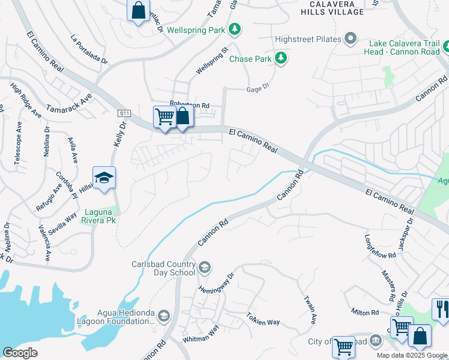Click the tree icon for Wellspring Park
click(236, 29)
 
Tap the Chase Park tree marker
click(280, 58)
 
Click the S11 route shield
click(124, 112)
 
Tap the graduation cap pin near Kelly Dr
click(104, 178)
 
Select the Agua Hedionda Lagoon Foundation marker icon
click(164, 316)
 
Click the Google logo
click(20, 353)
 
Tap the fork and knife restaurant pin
click(441, 310)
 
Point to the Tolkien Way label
click(263, 319)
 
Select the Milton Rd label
click(365, 313)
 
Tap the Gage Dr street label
click(258, 89)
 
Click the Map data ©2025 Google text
click(412, 355)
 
